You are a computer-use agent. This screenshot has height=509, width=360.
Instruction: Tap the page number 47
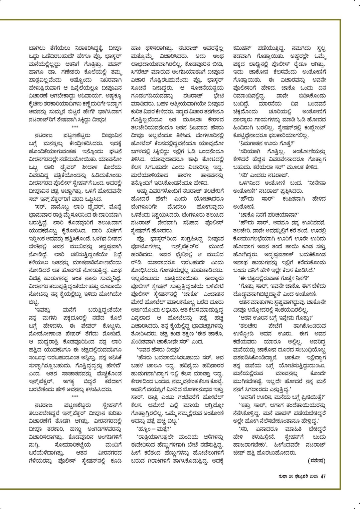coord(323,477)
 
